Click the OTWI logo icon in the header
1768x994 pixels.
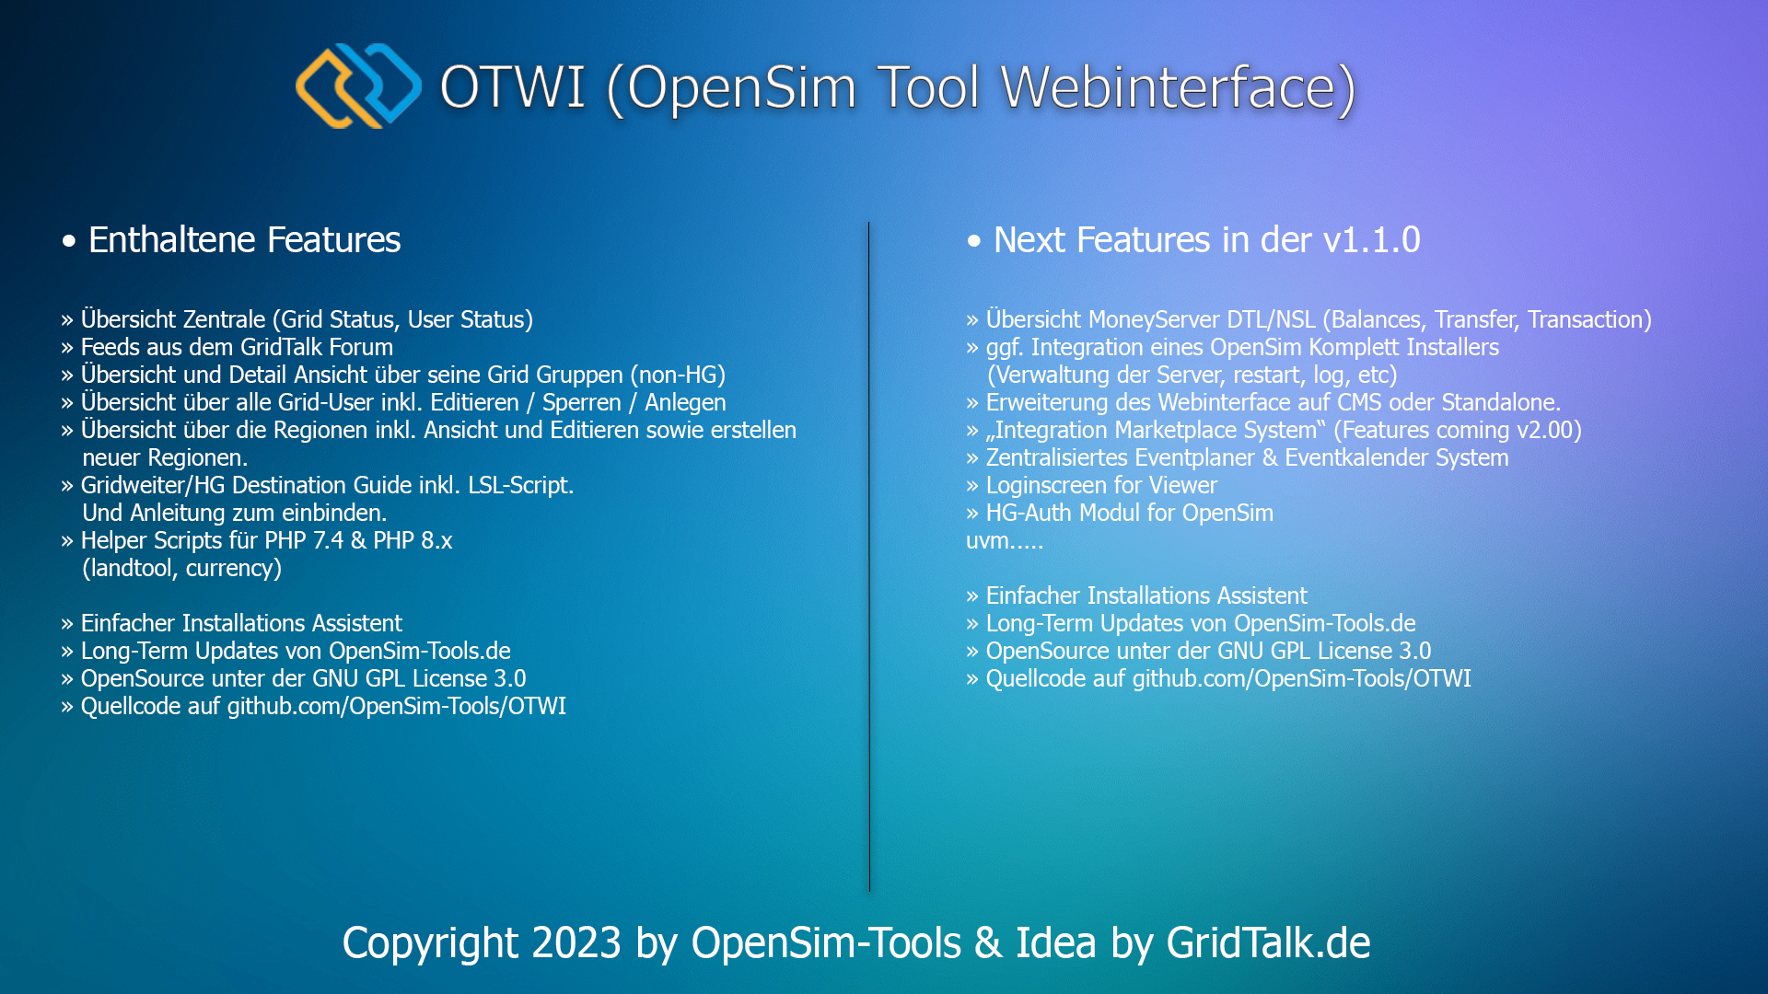358,86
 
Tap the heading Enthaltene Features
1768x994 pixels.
244,240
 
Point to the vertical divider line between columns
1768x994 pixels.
868,557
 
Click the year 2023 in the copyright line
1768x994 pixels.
576,943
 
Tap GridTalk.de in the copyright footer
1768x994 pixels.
1268,943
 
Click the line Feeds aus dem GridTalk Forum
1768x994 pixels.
237,348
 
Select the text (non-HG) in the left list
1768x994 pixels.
678,376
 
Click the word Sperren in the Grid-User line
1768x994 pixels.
581,403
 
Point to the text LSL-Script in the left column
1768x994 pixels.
519,486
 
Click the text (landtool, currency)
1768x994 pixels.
181,569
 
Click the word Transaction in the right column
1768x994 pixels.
1588,320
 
